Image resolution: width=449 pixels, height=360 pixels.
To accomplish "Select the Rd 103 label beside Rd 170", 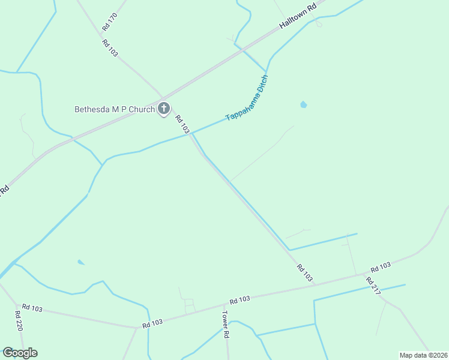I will pyautogui.click(x=109, y=48).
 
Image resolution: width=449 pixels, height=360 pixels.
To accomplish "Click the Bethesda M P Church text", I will pyautogui.click(x=114, y=109).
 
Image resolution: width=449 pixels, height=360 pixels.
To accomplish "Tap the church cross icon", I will pyautogui.click(x=164, y=109).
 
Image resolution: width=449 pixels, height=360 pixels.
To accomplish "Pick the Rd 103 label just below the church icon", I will pyautogui.click(x=182, y=124).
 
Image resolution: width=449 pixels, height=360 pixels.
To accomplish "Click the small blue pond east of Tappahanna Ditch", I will pyautogui.click(x=303, y=105).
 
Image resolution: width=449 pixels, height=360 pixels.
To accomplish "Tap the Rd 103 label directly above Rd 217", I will pyautogui.click(x=381, y=267).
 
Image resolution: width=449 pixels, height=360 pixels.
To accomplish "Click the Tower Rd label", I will pyautogui.click(x=226, y=324).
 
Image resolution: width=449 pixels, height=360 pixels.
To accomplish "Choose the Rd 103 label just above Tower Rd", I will pyautogui.click(x=240, y=299).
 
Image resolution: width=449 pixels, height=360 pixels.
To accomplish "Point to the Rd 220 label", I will pyautogui.click(x=19, y=322).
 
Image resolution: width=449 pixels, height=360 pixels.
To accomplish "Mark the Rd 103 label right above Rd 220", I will pyautogui.click(x=32, y=308).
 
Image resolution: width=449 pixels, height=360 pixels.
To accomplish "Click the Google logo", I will pyautogui.click(x=20, y=353).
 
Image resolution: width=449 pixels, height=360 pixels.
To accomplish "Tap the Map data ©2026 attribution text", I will pyautogui.click(x=424, y=355).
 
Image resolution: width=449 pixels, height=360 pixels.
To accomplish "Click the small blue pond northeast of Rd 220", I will pyautogui.click(x=81, y=262).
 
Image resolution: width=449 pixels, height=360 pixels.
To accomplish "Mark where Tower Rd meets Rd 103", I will pyautogui.click(x=224, y=304).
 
